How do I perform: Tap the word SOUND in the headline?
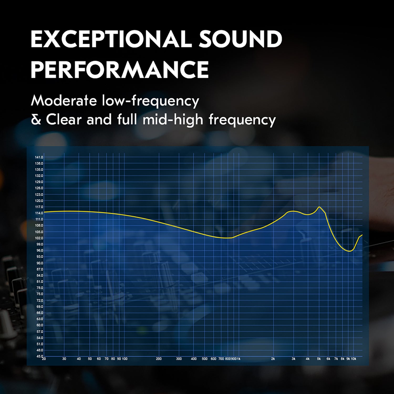(240, 39)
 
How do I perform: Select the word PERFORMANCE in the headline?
(120, 69)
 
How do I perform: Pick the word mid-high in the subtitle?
(173, 120)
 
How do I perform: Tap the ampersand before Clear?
(36, 120)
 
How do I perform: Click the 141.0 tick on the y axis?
(39, 157)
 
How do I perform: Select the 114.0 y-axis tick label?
(39, 213)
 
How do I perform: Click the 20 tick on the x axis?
(44, 359)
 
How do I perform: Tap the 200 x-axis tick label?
(159, 359)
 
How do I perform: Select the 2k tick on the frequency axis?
(273, 359)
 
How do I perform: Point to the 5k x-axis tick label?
(319, 359)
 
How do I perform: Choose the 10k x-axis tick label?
(354, 359)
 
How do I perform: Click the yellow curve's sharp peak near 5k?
(319, 207)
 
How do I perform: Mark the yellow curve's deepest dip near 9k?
(349, 251)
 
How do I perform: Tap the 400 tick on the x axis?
(194, 359)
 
